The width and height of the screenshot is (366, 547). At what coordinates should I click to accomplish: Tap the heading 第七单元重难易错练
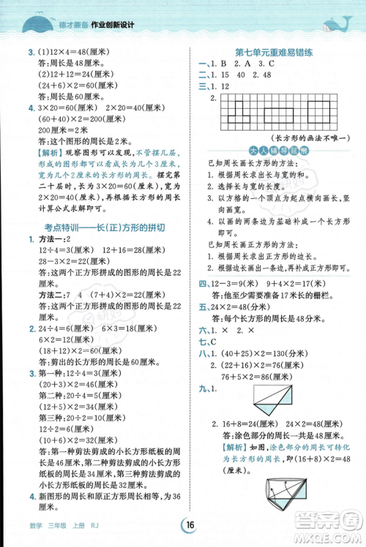pos(274,53)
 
